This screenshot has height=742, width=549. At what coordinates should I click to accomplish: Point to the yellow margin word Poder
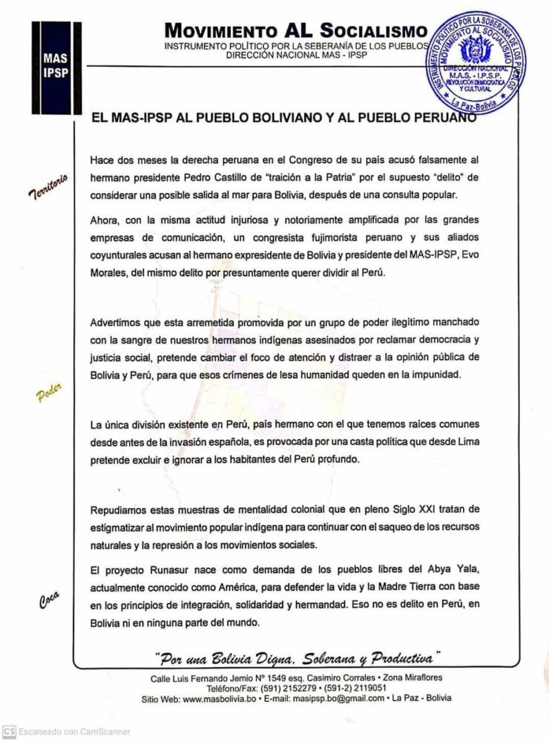pyautogui.click(x=49, y=393)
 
